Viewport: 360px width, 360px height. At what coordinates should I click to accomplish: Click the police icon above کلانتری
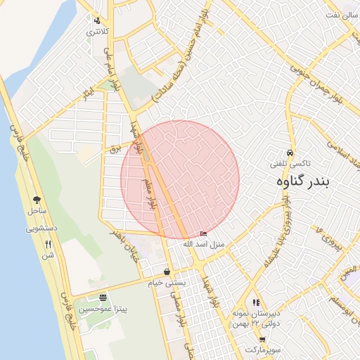coord(97,20)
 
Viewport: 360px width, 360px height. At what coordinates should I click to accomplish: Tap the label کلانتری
coord(98,32)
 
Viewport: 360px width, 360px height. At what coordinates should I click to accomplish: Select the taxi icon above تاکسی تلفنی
coord(290,153)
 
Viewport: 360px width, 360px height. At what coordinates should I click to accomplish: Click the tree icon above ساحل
coord(37,200)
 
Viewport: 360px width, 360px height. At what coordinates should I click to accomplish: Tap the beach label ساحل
coord(37,211)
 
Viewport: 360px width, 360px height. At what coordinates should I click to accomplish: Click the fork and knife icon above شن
coord(48,244)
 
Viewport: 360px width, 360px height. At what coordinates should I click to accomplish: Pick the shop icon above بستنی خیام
coord(166,271)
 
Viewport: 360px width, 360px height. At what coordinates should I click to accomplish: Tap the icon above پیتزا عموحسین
coord(103,297)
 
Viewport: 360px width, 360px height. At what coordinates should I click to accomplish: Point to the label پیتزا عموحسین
coord(103,309)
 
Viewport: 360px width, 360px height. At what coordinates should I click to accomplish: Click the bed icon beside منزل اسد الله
coord(204,234)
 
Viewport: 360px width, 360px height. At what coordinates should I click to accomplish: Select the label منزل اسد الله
coord(202,244)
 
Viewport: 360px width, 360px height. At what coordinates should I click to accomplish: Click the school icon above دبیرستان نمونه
coord(256,302)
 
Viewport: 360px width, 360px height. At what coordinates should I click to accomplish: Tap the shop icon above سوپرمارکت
coord(262,339)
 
